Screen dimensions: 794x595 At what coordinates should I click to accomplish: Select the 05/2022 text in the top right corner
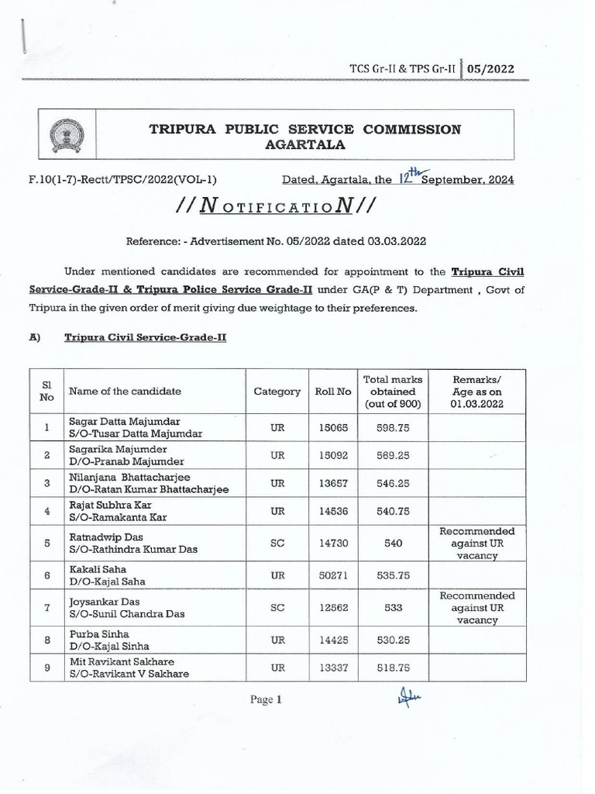coord(490,69)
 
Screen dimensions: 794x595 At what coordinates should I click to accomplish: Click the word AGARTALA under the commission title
coord(304,145)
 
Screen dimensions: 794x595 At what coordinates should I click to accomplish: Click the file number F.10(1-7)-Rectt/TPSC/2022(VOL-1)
coord(122,180)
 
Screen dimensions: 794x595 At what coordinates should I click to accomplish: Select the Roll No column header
coord(333,392)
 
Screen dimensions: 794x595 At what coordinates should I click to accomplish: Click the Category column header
coord(277,392)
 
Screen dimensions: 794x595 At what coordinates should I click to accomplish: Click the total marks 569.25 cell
coord(393,456)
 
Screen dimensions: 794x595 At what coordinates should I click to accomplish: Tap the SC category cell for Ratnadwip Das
coord(277,544)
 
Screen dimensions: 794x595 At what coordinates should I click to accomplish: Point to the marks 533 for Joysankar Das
coord(393,609)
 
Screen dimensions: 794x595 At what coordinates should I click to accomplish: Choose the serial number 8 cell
coord(47,640)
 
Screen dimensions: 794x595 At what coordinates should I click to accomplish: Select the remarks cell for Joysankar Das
coord(476,609)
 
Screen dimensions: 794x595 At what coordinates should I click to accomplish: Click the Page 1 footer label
coord(265,699)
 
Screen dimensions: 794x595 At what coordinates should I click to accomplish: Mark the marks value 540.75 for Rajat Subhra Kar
coord(393,512)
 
